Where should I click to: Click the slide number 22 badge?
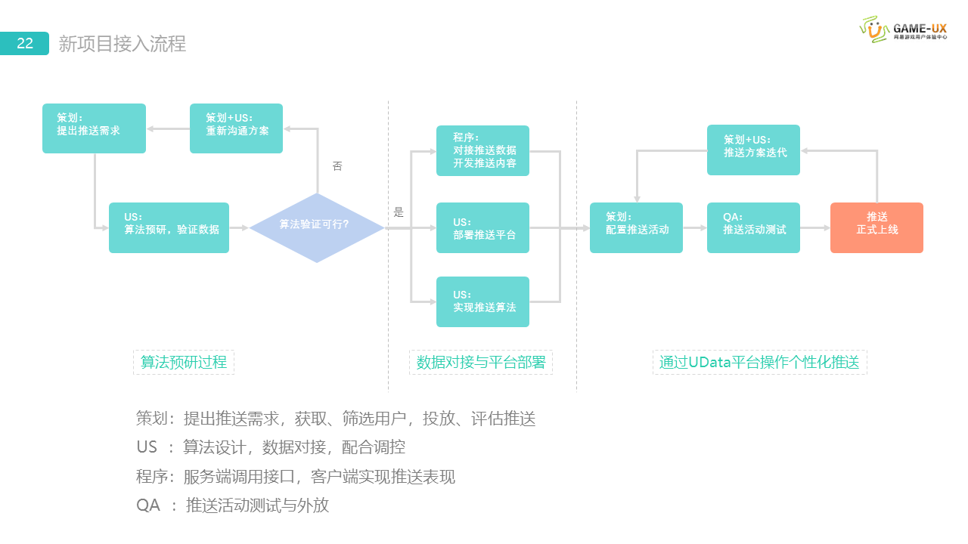(25, 43)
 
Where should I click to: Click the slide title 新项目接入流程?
(122, 44)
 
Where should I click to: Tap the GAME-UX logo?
(903, 29)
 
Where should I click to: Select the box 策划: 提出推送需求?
(94, 128)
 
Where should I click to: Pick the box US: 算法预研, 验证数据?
(169, 227)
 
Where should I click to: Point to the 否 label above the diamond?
(337, 166)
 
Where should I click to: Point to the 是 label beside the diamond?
(399, 213)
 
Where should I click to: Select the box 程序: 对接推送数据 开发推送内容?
(482, 150)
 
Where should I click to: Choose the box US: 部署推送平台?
(482, 227)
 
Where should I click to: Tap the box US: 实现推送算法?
(482, 301)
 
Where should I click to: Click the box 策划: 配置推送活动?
(636, 227)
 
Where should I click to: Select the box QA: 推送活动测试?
(753, 227)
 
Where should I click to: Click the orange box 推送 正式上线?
(876, 227)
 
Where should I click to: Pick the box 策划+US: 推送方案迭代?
(753, 150)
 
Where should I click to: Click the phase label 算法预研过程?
(184, 363)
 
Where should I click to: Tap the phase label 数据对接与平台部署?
(481, 363)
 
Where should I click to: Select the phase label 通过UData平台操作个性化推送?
(759, 363)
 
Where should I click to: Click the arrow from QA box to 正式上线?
(815, 227)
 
